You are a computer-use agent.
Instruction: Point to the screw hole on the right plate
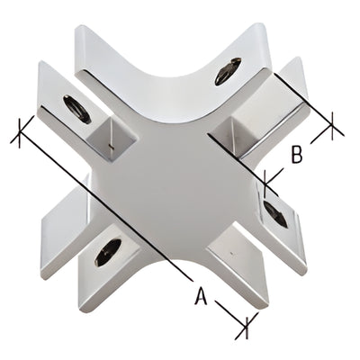pyautogui.click(x=275, y=214)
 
